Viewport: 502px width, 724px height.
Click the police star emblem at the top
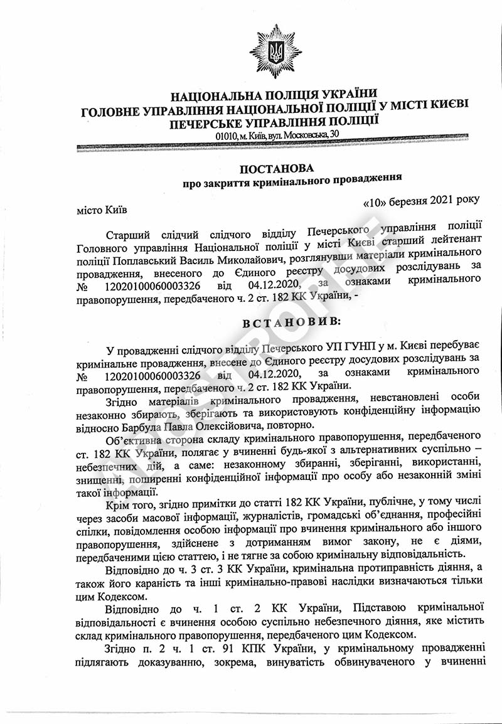275,51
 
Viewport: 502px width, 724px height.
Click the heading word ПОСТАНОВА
276,169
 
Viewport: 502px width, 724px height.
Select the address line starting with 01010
277,136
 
